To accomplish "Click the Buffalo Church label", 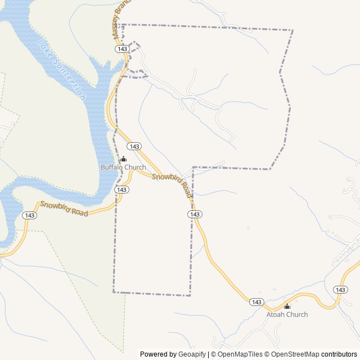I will (x=123, y=168).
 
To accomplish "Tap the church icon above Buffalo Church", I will (x=123, y=159).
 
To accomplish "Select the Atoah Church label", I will (x=287, y=314).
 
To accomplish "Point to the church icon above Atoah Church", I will (x=287, y=307).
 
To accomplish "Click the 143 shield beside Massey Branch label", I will (x=122, y=49).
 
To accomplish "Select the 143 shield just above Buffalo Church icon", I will (x=133, y=146).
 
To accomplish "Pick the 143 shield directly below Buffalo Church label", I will (x=121, y=190).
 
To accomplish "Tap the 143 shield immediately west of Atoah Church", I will (x=257, y=302).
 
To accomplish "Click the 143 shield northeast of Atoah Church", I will (x=340, y=289).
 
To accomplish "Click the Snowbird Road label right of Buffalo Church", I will (x=172, y=185).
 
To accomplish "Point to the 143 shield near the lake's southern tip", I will (x=30, y=215).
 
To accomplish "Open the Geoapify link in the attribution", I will (x=192, y=354).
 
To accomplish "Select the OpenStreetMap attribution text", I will (x=292, y=354).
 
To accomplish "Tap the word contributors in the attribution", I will (x=339, y=354).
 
